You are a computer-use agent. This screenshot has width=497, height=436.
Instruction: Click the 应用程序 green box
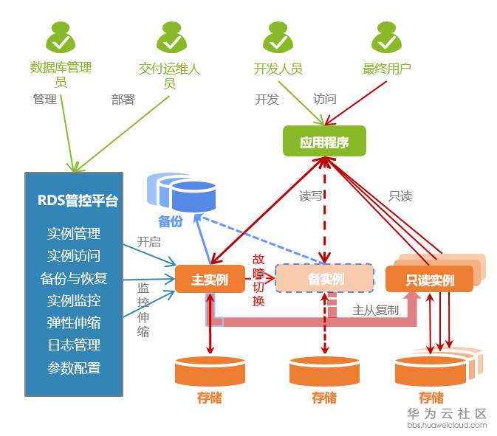pos(324,142)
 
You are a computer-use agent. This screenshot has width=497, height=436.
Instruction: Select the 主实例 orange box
pos(210,280)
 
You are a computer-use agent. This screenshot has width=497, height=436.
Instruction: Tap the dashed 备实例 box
pos(325,279)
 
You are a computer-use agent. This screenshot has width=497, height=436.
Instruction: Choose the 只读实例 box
pos(429,280)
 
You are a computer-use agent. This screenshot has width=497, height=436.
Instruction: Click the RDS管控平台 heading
pos(78,201)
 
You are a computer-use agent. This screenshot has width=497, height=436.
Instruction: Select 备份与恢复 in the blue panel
pos(74,278)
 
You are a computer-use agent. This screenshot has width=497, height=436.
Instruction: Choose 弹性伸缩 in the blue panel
pos(74,322)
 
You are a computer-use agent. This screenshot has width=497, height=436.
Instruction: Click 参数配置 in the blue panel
pos(74,367)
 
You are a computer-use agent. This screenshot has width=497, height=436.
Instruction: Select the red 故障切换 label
pos(258,280)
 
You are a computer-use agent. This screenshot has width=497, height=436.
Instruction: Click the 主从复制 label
pos(375,310)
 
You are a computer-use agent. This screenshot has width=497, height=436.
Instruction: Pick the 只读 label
pos(400,196)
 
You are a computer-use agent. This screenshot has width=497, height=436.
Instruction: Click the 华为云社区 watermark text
pos(447,414)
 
